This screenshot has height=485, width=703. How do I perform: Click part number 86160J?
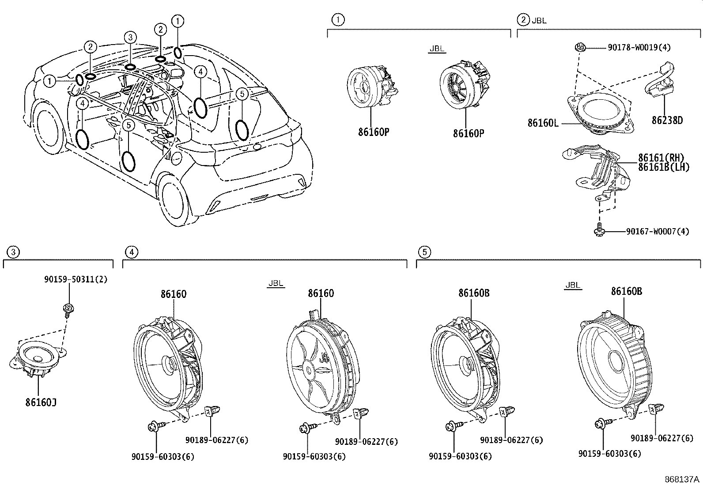point(41,402)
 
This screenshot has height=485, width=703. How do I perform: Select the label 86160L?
point(543,123)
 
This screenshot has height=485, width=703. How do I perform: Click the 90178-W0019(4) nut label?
point(639,47)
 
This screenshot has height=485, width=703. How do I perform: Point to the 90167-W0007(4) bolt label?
point(657,231)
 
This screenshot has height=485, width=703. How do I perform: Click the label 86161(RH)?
point(661,158)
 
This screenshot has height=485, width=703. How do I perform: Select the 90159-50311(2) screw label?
point(76,279)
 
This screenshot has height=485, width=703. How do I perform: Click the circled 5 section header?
point(424,252)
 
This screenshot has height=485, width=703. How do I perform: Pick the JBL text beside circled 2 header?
point(539,20)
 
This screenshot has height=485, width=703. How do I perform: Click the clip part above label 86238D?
point(661,79)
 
